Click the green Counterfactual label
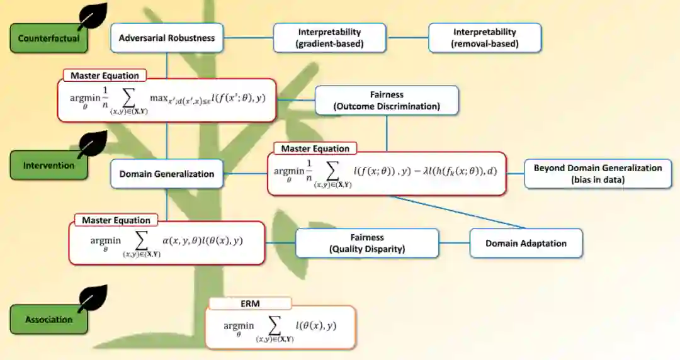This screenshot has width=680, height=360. point(48,38)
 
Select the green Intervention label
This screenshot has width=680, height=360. point(48,166)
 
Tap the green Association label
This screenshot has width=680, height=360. point(48,320)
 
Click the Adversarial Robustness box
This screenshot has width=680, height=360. point(167,38)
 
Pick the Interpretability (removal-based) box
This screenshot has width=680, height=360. point(484,38)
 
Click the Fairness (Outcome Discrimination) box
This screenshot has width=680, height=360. point(387,101)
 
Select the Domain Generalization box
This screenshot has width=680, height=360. point(167,174)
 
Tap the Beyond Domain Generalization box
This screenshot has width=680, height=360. point(598,174)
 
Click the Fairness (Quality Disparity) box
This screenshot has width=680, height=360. point(367,243)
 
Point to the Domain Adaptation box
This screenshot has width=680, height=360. point(526,243)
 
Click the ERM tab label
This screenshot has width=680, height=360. point(250,303)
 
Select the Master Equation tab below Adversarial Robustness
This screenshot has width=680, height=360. point(105,76)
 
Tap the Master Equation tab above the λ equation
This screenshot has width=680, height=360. point(315,149)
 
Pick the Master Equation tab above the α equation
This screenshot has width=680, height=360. point(116,220)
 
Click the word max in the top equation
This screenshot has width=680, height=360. point(158,98)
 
